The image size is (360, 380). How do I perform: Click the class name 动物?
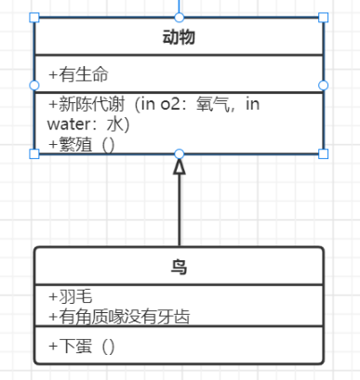click(179, 38)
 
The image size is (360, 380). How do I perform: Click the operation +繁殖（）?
click(81, 144)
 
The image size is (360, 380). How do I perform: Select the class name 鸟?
click(179, 268)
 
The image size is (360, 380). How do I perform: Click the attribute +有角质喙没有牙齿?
click(119, 317)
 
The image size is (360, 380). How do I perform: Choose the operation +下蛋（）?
click(81, 347)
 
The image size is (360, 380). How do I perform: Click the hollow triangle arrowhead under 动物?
click(180, 166)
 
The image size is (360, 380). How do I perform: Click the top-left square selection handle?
click(35, 18)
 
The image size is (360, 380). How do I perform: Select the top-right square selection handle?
click(324, 18)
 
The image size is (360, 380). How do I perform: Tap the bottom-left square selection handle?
click(35, 154)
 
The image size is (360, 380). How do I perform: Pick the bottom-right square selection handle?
click(324, 154)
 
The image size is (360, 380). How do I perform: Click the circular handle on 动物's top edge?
click(180, 18)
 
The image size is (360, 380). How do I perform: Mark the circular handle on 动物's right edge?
click(324, 85)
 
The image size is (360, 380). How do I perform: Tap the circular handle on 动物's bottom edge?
click(180, 154)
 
